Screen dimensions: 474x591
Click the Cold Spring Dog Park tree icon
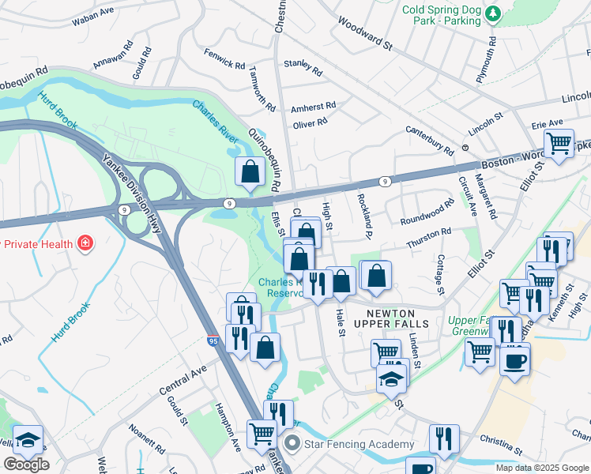pyautogui.click(x=493, y=14)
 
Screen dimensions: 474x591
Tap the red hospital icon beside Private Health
pyautogui.click(x=85, y=243)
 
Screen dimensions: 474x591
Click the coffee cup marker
pyautogui.click(x=514, y=360)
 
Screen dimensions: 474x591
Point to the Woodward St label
pyautogui.click(x=365, y=34)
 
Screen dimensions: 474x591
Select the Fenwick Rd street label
pyautogui.click(x=226, y=61)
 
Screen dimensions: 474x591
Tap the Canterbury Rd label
pyautogui.click(x=430, y=140)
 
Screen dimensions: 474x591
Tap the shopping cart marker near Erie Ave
pyautogui.click(x=559, y=144)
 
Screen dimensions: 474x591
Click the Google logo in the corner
pyautogui.click(x=26, y=465)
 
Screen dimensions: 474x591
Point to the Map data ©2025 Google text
pyautogui.click(x=541, y=468)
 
